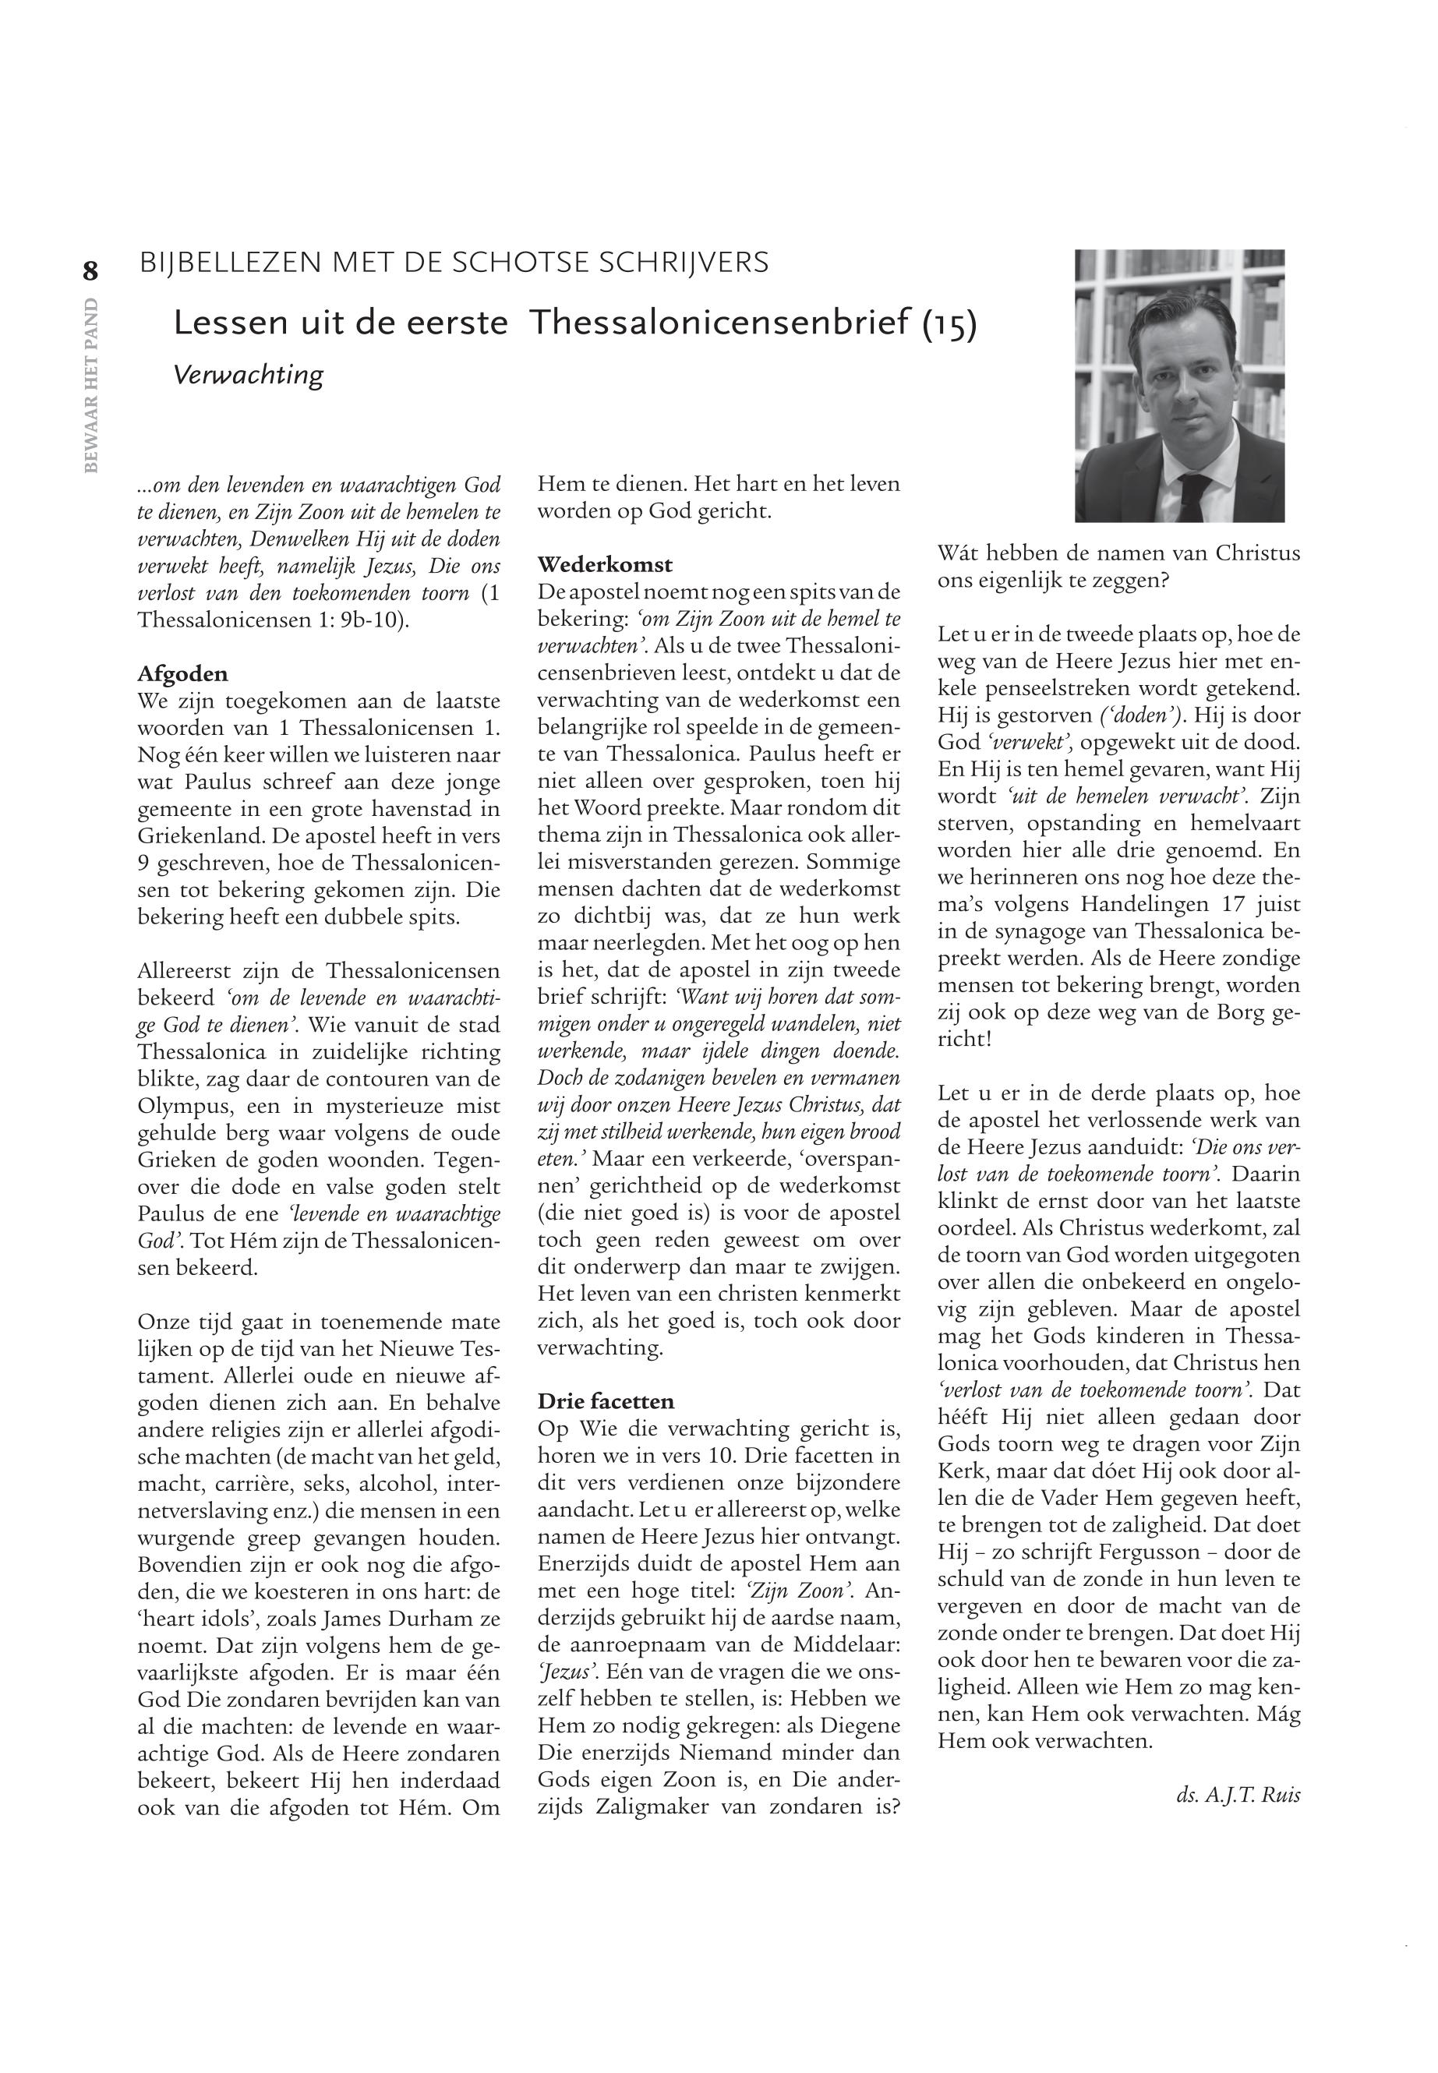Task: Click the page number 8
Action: point(90,270)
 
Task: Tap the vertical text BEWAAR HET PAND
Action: point(90,382)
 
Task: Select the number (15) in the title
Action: point(949,323)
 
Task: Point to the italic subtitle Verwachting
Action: point(248,374)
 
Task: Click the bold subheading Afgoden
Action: point(182,674)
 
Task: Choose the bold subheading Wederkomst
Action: point(605,565)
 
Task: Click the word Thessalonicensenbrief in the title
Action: point(721,323)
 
